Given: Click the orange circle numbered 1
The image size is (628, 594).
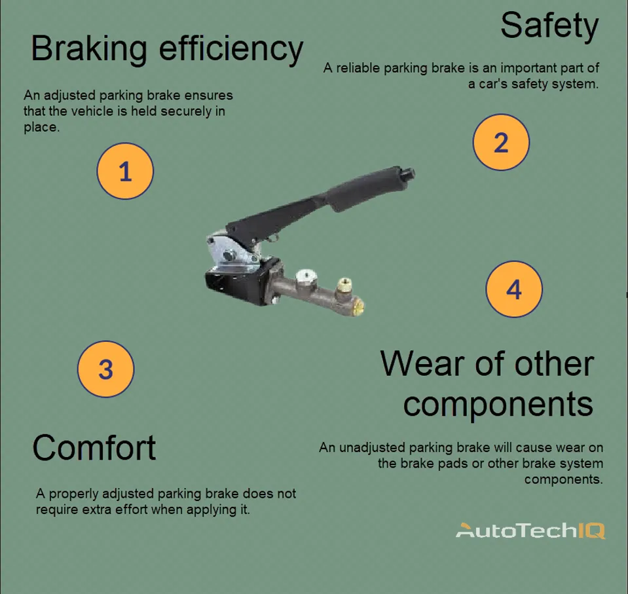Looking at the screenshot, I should click(124, 172).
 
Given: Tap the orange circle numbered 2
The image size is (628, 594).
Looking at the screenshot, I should click(501, 143).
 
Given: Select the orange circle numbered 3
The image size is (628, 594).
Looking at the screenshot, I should click(105, 369).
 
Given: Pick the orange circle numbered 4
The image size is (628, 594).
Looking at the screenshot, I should click(514, 289).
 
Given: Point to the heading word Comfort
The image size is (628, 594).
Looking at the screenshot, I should click(94, 449).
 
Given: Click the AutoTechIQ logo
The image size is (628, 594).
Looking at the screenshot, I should click(530, 530).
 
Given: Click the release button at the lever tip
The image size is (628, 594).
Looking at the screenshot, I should click(409, 174).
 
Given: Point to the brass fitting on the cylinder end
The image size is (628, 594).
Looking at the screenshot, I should click(344, 286).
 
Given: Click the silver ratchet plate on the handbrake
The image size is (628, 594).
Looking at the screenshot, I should click(229, 252).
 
